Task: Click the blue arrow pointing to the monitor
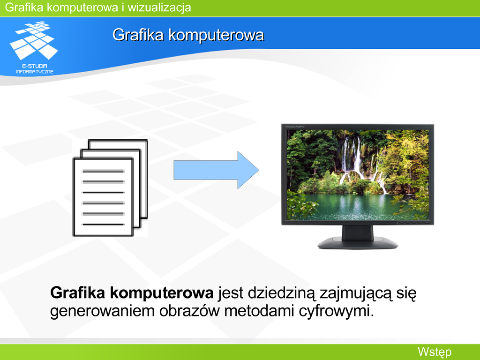pos(216,170)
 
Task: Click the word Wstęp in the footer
pos(435,352)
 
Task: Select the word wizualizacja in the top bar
pos(159,7)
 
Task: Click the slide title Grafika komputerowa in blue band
pos(188,35)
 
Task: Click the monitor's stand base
pos(358,243)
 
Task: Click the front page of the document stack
pos(103,197)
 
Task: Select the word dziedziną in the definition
pos(281,293)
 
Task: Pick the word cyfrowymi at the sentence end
pos(336,311)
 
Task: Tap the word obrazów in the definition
pos(189,311)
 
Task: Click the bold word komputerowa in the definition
pos(162,293)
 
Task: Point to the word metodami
pos(259,311)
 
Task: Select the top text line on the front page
pos(103,171)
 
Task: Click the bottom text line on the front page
pos(103,225)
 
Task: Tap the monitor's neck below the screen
pos(358,232)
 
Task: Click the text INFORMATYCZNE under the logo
pos(35,72)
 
